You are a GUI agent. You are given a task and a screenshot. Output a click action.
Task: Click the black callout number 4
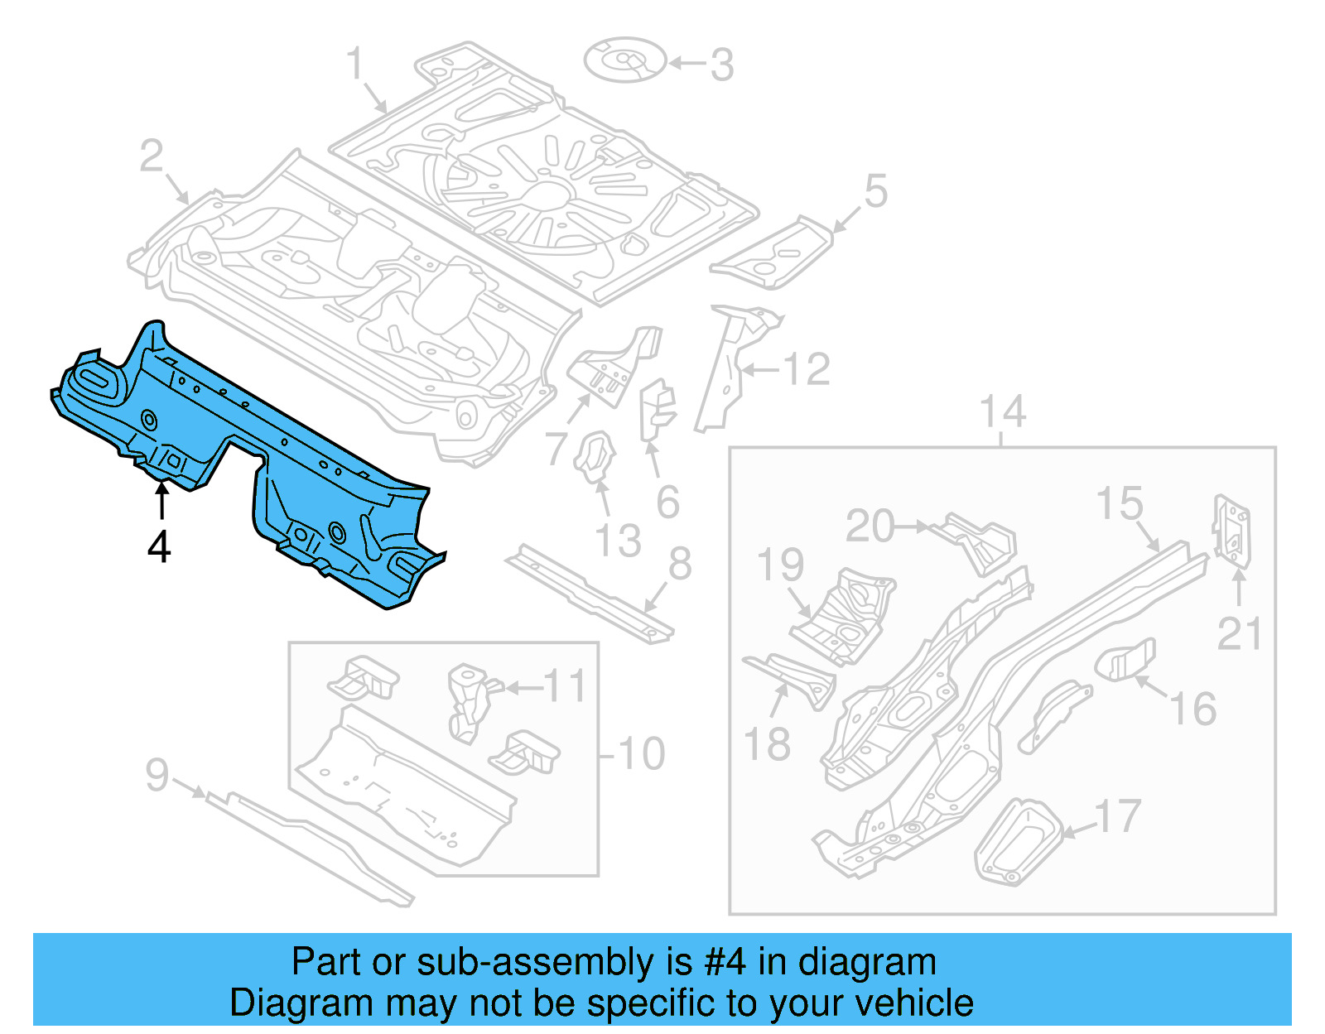[159, 546]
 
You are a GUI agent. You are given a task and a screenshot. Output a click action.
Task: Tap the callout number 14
[1003, 412]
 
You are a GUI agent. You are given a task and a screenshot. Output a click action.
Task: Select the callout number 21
[1239, 634]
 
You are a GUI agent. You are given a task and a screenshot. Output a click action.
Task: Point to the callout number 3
[722, 65]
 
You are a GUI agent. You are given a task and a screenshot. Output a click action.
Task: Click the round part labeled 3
[625, 60]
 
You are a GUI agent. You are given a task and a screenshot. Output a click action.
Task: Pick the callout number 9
[157, 775]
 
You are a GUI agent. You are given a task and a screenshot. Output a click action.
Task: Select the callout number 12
[807, 369]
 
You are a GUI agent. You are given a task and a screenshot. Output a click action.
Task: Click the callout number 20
[870, 527]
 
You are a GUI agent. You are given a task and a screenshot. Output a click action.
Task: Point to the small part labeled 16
[1126, 659]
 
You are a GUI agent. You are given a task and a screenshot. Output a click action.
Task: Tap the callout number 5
[875, 191]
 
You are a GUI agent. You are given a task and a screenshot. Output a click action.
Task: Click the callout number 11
[565, 686]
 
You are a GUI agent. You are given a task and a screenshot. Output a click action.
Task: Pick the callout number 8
[679, 565]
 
